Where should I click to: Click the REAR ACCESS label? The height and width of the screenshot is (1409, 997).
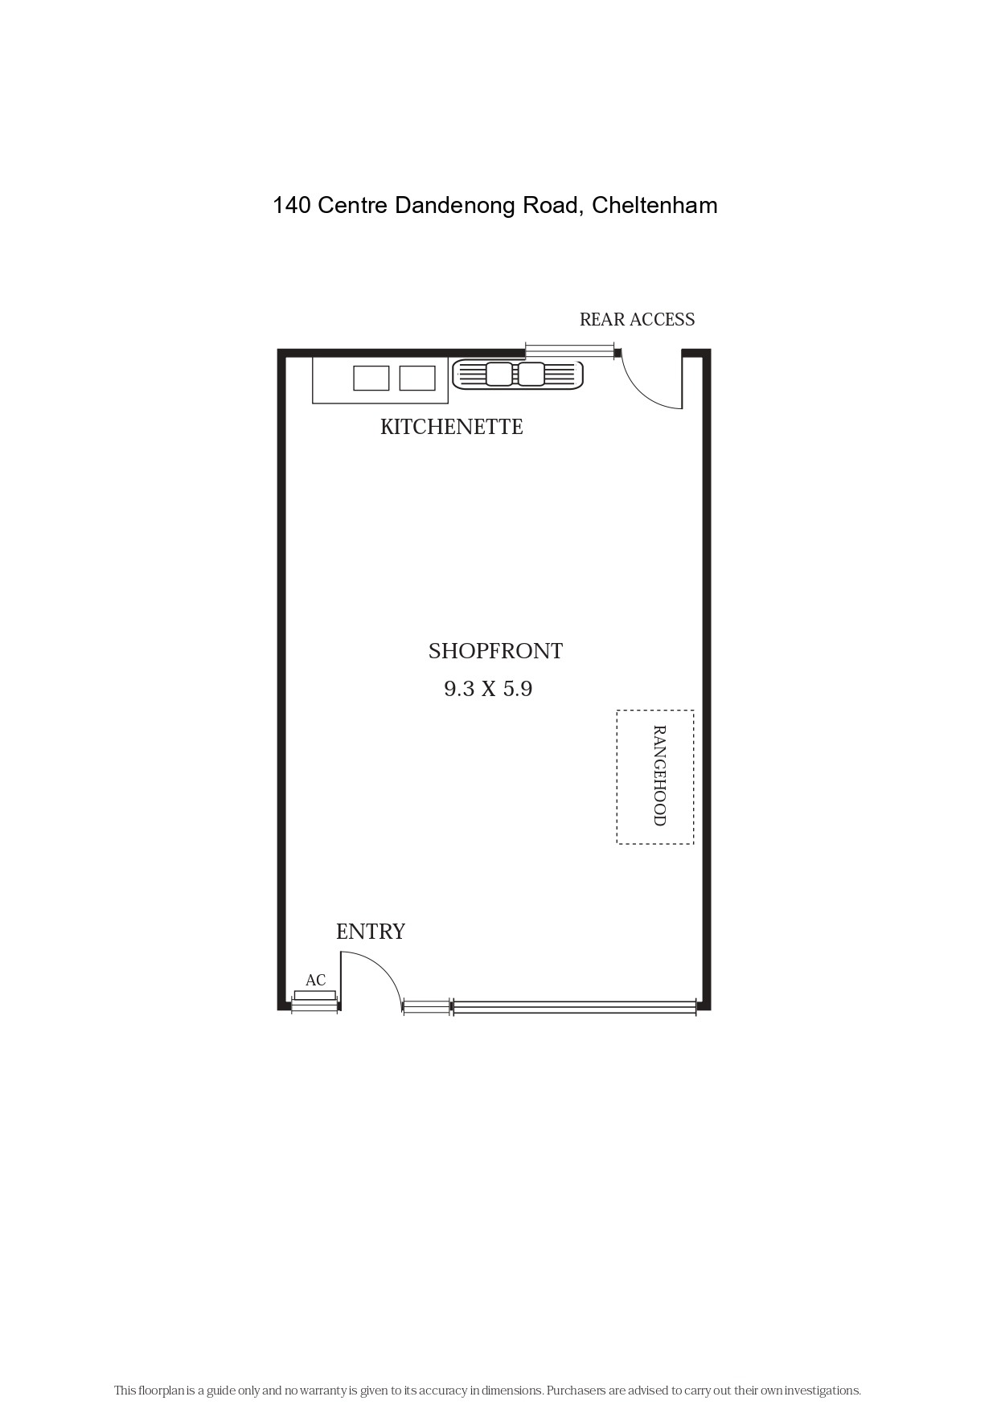637,320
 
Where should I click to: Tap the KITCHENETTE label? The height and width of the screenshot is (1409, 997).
451,427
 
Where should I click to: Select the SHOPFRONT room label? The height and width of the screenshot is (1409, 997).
495,651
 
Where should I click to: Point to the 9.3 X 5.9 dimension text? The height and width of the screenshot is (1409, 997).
488,689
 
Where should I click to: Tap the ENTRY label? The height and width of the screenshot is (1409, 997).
370,932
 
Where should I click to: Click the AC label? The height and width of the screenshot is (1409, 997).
315,980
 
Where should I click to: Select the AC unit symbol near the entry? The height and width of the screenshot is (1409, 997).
314,995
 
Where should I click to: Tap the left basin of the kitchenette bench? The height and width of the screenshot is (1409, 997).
371,378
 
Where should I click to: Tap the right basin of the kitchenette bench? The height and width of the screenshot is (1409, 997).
417,378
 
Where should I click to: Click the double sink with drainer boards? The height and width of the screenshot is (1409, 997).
517,375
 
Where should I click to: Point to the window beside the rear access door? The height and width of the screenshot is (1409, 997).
569,351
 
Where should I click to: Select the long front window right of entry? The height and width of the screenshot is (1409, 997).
574,1007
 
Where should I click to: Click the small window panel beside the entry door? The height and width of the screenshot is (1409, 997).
426,1007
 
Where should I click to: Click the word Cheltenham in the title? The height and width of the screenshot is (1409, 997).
654,206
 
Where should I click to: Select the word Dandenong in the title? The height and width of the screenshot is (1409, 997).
456,207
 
